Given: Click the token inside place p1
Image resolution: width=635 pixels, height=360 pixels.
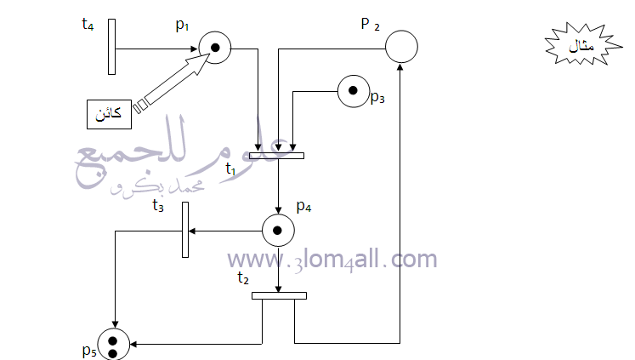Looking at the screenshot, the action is [215, 48].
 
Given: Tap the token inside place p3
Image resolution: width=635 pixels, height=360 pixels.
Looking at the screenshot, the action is [353, 90].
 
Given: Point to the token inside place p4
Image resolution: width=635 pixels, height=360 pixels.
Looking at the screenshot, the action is [277, 231].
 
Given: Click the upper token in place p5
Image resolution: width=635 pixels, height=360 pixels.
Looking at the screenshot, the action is [113, 341].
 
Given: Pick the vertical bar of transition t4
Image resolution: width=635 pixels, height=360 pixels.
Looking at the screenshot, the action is [111, 47].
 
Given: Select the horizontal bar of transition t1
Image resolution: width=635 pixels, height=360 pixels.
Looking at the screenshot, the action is [276, 156].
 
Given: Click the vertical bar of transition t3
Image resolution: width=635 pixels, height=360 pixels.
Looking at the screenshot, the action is [185, 230].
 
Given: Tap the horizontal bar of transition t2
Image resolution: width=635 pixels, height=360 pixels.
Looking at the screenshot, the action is [279, 296].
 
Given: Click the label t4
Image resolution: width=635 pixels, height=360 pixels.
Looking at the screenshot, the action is [88, 25].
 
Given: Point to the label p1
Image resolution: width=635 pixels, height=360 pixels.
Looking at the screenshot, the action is [182, 26].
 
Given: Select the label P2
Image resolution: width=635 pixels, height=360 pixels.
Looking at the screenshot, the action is [370, 25].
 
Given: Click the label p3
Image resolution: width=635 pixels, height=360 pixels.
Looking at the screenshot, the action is [377, 97].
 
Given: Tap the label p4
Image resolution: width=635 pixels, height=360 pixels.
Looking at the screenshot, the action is [303, 206].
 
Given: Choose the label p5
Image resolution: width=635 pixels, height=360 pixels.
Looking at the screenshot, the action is [89, 351].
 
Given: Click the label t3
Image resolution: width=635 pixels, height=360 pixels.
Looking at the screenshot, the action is [158, 206].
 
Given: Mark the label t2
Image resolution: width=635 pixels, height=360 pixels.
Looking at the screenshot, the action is [243, 277].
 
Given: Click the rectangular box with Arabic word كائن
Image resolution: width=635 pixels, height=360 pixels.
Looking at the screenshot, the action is [110, 114].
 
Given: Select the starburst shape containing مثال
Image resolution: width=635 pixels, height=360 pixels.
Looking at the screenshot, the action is [583, 44].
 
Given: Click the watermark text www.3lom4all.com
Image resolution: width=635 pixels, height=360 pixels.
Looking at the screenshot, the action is [332, 259].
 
